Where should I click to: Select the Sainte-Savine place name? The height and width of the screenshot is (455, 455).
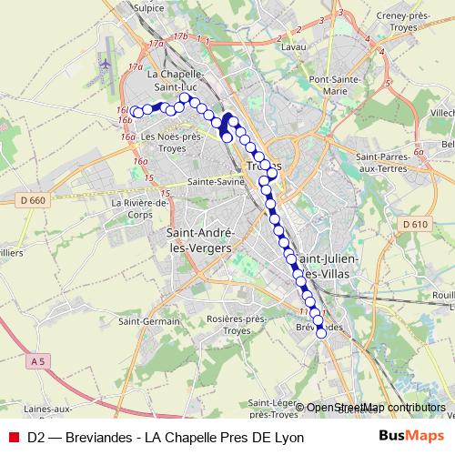click(213, 181)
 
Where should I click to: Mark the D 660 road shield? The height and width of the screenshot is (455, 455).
click(32, 200)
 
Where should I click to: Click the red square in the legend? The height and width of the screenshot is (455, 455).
click(14, 437)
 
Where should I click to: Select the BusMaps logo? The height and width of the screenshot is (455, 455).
click(411, 436)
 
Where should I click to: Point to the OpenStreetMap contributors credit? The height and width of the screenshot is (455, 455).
click(375, 408)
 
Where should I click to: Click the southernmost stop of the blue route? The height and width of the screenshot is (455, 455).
click(321, 333)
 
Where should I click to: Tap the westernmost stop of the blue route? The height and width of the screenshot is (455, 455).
click(136, 112)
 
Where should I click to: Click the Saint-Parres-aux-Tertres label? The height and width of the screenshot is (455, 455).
click(361, 161)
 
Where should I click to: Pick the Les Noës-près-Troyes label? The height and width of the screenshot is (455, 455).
click(171, 142)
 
